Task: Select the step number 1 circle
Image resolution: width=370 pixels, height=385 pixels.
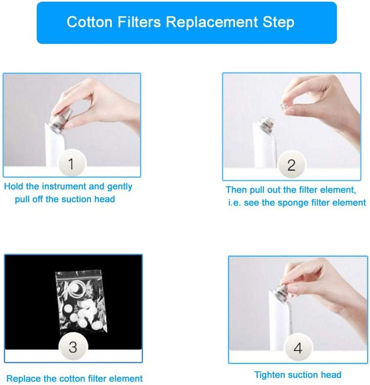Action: click(x=71, y=164)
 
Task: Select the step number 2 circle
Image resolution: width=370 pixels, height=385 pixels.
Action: click(x=291, y=165)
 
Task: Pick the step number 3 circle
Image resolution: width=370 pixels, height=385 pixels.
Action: click(x=73, y=347)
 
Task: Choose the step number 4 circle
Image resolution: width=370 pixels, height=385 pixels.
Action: click(x=297, y=348)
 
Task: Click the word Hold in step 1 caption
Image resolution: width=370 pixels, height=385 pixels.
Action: click(x=14, y=187)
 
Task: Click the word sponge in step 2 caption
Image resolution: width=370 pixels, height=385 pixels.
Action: click(x=288, y=203)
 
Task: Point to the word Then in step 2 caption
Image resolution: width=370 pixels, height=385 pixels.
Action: click(x=236, y=190)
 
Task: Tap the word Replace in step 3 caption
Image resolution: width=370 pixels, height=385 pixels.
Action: click(x=23, y=379)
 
